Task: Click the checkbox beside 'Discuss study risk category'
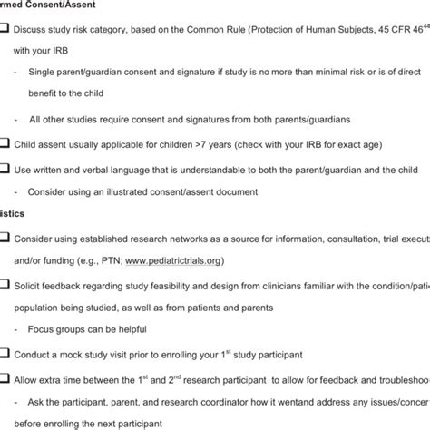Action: click(x=5, y=27)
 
